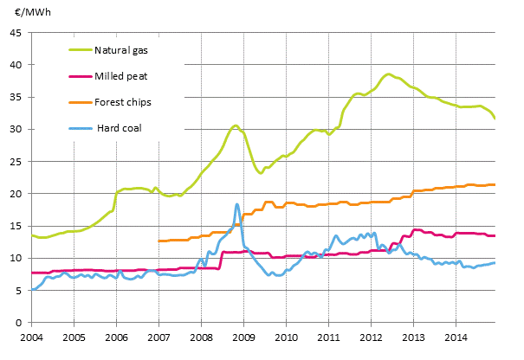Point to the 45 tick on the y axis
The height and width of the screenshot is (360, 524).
pos(16,33)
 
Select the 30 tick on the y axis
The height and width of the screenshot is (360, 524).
pos(16,130)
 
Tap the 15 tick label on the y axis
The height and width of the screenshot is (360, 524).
pos(16,226)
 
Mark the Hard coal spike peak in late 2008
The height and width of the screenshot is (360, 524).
pos(236,204)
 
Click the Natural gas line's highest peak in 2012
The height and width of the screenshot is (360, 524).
pos(389,74)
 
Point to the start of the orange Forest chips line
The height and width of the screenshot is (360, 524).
pos(159,241)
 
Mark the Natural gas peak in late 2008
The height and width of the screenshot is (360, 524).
pos(235,125)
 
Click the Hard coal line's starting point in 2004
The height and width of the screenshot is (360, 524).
pos(32,290)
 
